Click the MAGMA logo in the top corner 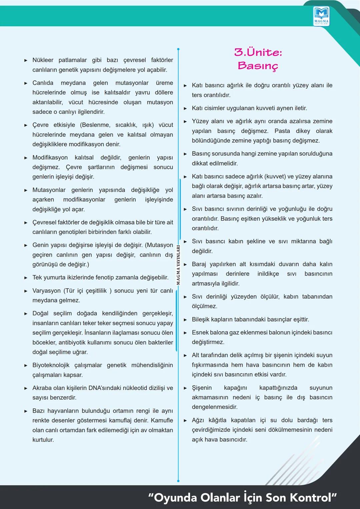pyautogui.click(x=321, y=16)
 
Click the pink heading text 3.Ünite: pyautogui.click(x=258, y=52)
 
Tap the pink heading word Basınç pyautogui.click(x=258, y=66)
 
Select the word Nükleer pyautogui.click(x=43, y=60)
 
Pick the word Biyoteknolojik pyautogui.click(x=51, y=365)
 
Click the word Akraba pyautogui.click(x=42, y=388)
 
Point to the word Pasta pyautogui.click(x=282, y=131)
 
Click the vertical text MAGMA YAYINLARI pyautogui.click(x=178, y=265)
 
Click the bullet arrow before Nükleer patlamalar pyautogui.click(x=26, y=60)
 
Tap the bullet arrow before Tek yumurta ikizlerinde pyautogui.click(x=26, y=278)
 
